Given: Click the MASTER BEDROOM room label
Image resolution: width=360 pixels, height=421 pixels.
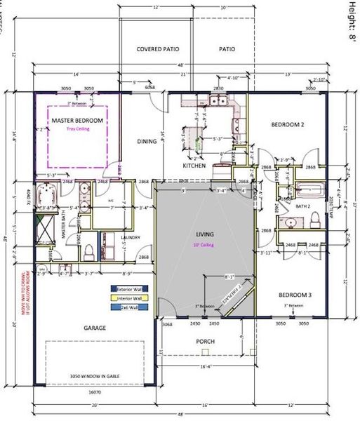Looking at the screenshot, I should pos(77,121).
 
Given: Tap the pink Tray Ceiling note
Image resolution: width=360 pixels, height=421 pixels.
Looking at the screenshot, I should pos(78,129).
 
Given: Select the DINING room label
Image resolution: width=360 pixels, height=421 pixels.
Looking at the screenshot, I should pos(147,142).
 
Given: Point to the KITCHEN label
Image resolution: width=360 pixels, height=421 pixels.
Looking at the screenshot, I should pos(194,166).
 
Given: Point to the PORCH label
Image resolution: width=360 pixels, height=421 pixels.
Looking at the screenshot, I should pos(205,342).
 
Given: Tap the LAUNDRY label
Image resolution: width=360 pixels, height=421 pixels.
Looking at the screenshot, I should pos(131,238).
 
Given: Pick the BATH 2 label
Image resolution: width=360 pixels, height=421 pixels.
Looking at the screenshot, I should pos(302,206).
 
